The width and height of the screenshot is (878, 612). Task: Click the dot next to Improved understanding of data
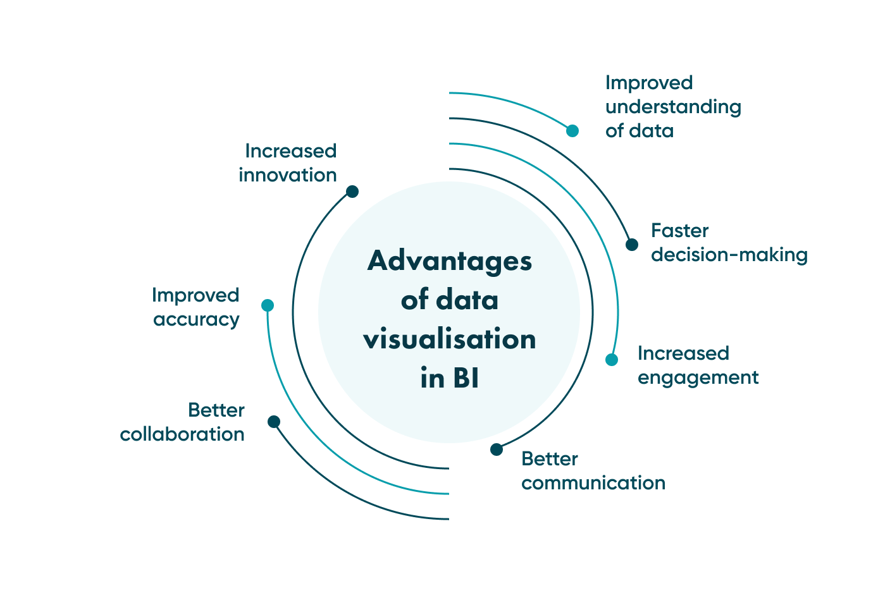pos(572,131)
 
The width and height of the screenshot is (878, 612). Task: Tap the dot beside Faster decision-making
pos(632,245)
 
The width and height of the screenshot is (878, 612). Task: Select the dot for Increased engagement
pos(612,360)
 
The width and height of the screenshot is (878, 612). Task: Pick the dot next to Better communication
pos(497,450)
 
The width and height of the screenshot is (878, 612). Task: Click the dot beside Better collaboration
pos(274,422)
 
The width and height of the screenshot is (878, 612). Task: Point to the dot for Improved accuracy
pos(268,305)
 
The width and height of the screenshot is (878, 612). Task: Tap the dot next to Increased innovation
pos(352,192)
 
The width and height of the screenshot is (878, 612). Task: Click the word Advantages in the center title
pos(450,261)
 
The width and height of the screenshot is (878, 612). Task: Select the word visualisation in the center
pos(450,340)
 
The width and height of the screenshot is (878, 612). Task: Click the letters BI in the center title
pos(466,379)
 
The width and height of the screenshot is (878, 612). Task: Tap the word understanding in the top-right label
pos(673,107)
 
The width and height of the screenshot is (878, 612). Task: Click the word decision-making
pos(729,255)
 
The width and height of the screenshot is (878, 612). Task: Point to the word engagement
pos(698,378)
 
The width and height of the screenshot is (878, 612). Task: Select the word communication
pos(593,483)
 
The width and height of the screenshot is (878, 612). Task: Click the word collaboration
pos(182,434)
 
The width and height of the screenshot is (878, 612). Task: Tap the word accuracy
pos(196,320)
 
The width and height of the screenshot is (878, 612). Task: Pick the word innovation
pos(288,175)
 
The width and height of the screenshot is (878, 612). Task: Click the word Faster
pos(680,231)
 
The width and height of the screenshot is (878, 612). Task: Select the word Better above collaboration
pos(216,410)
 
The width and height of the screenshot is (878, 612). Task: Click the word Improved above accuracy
pos(195,296)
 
